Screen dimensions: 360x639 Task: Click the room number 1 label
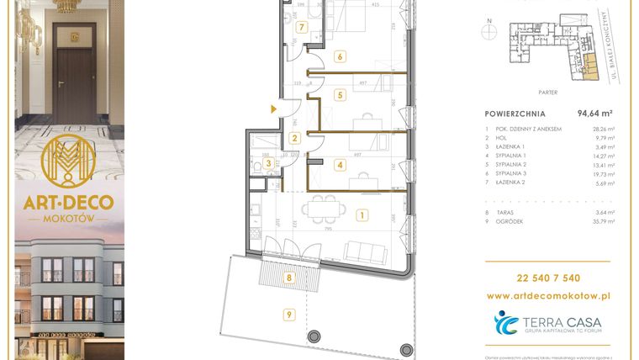(x=361, y=215)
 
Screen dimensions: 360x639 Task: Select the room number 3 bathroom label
(x=268, y=163)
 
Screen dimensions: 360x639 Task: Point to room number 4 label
(x=340, y=165)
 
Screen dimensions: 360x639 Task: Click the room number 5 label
(x=340, y=95)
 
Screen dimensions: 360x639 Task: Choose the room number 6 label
(x=340, y=57)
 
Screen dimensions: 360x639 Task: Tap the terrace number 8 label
(x=288, y=276)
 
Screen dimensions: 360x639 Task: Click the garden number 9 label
(x=288, y=315)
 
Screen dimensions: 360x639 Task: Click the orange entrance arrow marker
(x=272, y=109)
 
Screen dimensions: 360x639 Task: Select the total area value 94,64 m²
(x=594, y=113)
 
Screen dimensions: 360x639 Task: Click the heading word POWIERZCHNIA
(x=515, y=113)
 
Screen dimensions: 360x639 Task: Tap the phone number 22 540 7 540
(x=549, y=278)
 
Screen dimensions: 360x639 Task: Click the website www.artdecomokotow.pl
(x=549, y=296)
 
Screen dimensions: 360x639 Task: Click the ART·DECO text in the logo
(x=70, y=203)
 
